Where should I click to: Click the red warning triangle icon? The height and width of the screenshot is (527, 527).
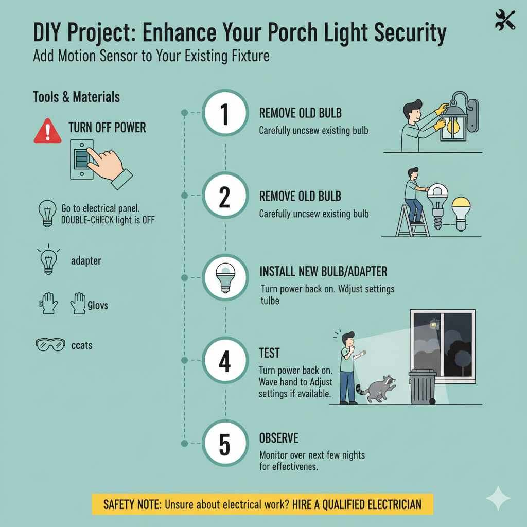click(47, 131)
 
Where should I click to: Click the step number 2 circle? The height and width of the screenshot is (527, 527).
click(225, 195)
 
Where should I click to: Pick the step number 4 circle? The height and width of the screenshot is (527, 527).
click(225, 362)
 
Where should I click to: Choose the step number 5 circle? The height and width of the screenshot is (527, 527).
click(225, 444)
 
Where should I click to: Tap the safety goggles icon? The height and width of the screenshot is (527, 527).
click(50, 344)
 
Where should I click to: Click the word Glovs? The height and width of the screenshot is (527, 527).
click(97, 305)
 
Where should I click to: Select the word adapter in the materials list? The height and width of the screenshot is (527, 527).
click(86, 261)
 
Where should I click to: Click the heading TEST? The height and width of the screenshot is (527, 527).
click(269, 353)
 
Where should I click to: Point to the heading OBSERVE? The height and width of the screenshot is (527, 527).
click(278, 438)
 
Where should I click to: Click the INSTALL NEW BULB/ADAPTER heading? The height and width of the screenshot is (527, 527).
click(323, 271)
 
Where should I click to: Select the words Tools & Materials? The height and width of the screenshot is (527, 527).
click(76, 97)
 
